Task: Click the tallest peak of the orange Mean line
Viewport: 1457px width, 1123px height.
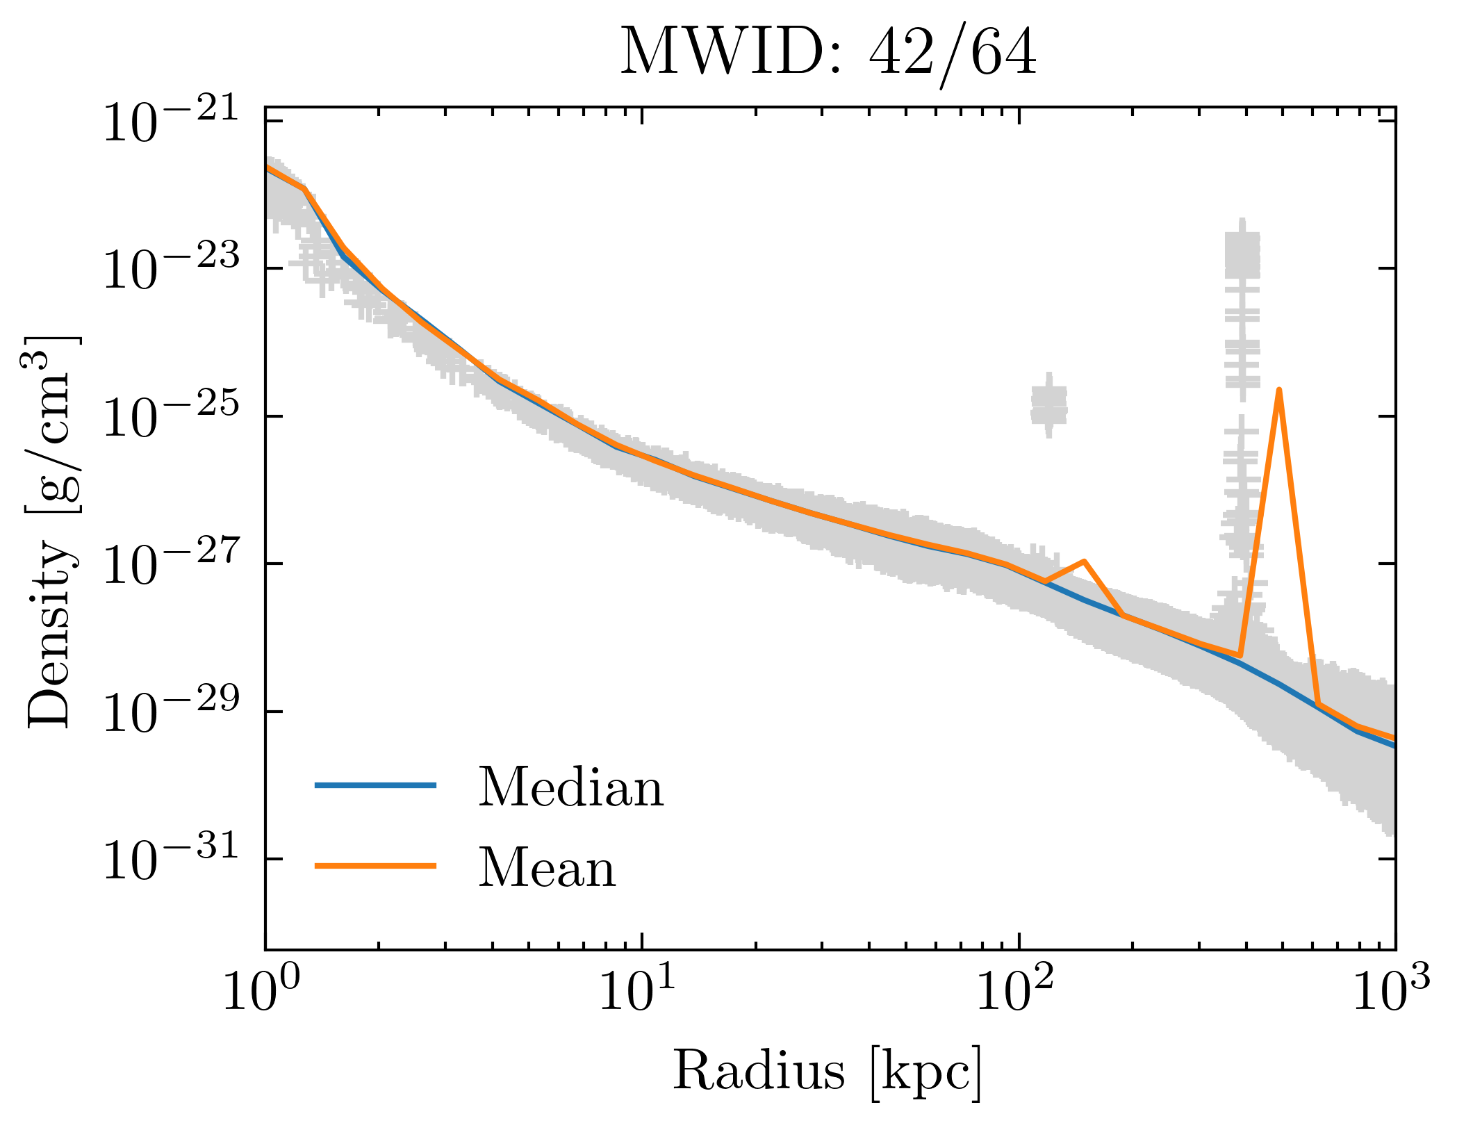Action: click(x=1278, y=391)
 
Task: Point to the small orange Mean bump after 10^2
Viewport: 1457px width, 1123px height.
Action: click(x=1084, y=561)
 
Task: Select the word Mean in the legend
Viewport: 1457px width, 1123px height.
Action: click(x=548, y=869)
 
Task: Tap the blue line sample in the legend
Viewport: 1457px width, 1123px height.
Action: click(x=375, y=785)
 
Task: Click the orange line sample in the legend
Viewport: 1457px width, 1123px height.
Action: click(x=375, y=866)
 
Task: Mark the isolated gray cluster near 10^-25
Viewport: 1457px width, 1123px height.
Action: click(x=1048, y=405)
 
